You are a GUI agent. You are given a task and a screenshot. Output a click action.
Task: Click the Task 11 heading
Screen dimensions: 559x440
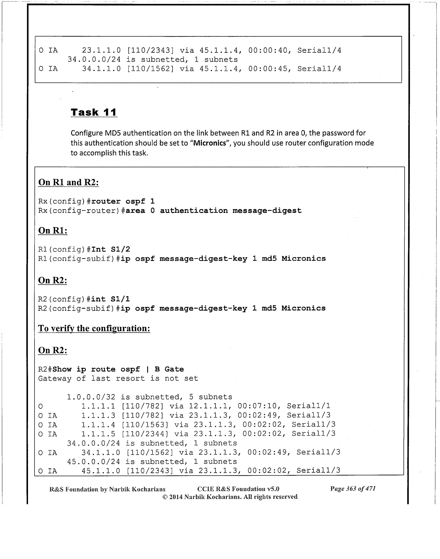(x=94, y=112)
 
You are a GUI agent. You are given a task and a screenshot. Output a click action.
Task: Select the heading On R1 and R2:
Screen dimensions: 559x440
(x=68, y=183)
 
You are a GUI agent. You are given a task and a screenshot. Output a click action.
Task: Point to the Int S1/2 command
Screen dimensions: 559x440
(x=111, y=249)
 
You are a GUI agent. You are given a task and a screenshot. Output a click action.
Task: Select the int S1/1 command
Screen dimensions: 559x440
(x=111, y=299)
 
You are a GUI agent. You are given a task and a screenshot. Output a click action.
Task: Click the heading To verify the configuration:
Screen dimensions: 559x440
(x=94, y=328)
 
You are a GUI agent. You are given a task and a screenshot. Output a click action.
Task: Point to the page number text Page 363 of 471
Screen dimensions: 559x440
(x=353, y=489)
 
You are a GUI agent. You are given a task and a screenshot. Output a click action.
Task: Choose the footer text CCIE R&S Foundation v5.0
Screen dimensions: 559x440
(x=238, y=489)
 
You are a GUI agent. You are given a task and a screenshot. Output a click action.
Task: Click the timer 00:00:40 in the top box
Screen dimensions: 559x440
(x=268, y=51)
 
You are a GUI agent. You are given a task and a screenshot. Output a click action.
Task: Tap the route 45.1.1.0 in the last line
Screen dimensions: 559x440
(x=101, y=471)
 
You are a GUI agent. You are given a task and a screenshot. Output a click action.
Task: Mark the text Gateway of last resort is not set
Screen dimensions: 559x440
(x=118, y=379)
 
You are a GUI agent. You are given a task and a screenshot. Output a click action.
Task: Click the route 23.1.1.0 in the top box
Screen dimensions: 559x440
(x=101, y=51)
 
